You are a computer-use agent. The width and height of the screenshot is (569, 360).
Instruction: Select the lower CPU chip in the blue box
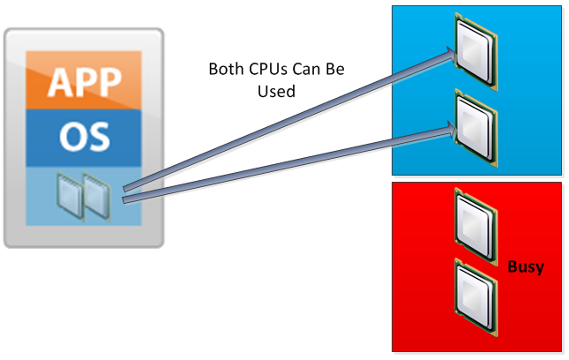tap(475, 123)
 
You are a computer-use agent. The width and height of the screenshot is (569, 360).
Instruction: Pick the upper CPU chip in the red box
tap(475, 225)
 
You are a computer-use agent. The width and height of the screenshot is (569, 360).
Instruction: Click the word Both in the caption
tap(224, 69)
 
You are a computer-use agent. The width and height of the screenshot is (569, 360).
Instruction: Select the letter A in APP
tap(59, 81)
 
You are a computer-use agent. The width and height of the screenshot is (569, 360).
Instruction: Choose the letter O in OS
tap(71, 137)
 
